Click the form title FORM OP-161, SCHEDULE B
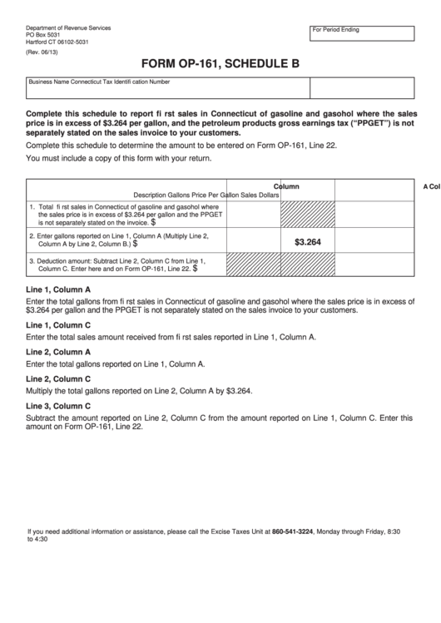pyautogui.click(x=220, y=62)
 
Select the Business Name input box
pyautogui.click(x=167, y=88)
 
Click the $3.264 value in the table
pyautogui.click(x=307, y=242)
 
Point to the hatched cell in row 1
pyautogui.click(x=307, y=215)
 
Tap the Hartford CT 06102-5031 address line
pyautogui.click(x=57, y=42)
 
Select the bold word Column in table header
pyautogui.click(x=287, y=186)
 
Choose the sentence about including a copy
pyautogui.click(x=119, y=158)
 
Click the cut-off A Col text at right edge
pyautogui.click(x=430, y=187)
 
